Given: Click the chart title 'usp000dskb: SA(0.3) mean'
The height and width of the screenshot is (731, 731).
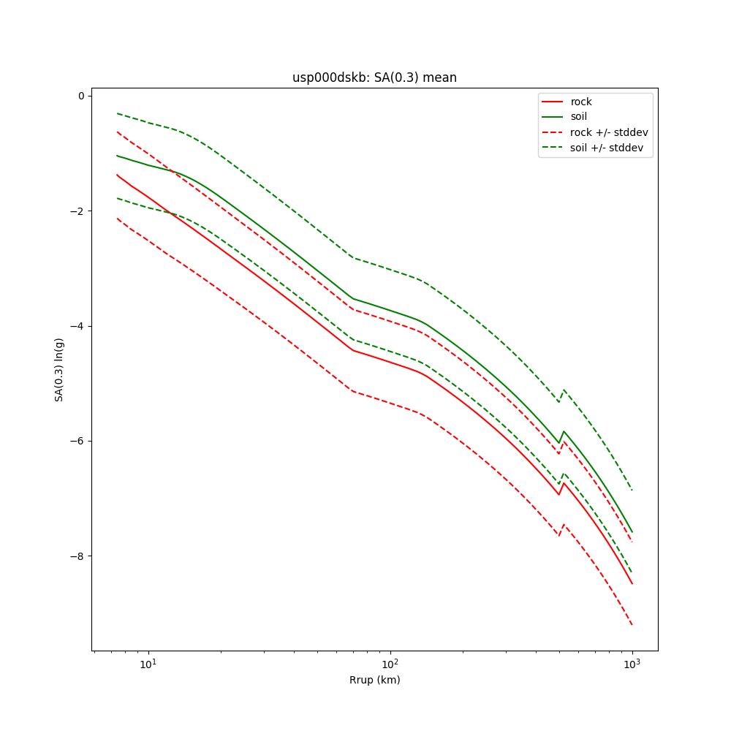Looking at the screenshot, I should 374,77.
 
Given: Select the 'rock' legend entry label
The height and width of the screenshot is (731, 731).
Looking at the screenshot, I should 581,102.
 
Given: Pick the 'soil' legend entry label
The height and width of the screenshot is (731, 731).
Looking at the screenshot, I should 579,116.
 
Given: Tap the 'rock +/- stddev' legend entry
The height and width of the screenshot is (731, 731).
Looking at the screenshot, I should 609,132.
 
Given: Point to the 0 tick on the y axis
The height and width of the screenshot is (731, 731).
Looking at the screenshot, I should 83,96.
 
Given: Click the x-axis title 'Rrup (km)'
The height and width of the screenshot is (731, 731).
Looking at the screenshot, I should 374,680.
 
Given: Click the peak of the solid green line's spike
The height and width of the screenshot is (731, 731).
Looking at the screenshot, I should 564,431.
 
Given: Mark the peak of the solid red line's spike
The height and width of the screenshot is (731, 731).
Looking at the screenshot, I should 564,482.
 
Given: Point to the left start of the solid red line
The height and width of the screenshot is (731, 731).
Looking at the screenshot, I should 117,175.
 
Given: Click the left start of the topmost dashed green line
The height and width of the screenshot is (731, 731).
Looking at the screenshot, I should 117,113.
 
